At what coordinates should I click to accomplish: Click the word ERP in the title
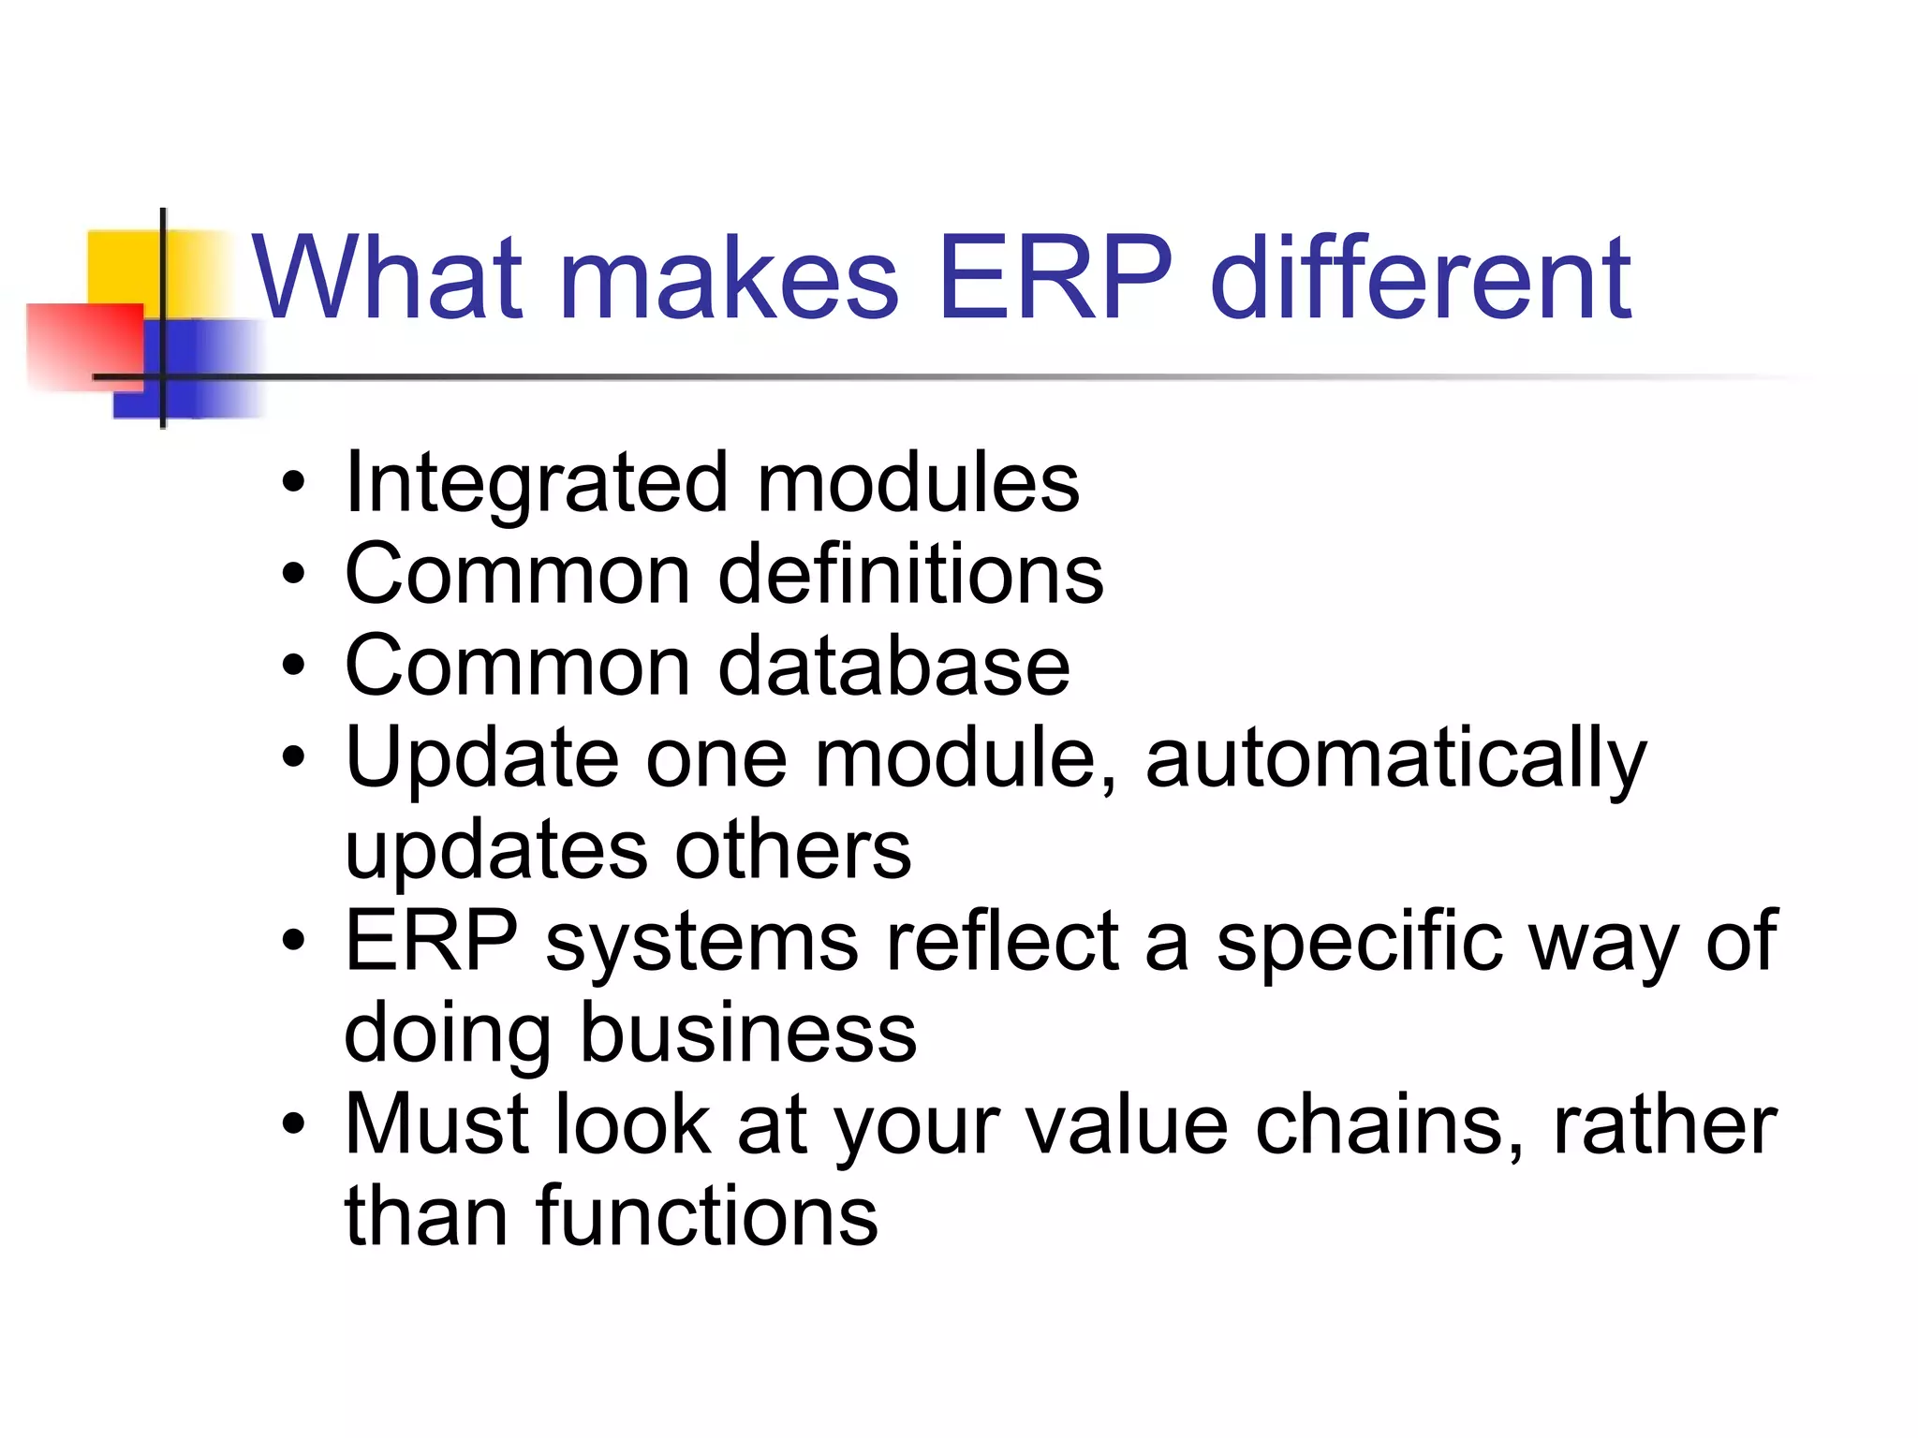[x=1055, y=278]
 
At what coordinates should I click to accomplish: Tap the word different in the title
[x=1421, y=278]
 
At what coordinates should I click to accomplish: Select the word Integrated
[x=536, y=485]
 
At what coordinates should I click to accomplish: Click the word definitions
[x=910, y=574]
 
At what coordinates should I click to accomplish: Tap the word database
[x=893, y=666]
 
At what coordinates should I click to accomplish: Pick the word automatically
[x=1395, y=759]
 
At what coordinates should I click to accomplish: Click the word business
[x=748, y=1033]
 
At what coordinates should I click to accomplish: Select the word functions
[x=707, y=1216]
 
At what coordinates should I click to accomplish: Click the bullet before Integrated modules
[x=293, y=484]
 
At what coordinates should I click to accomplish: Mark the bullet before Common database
[x=293, y=666]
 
